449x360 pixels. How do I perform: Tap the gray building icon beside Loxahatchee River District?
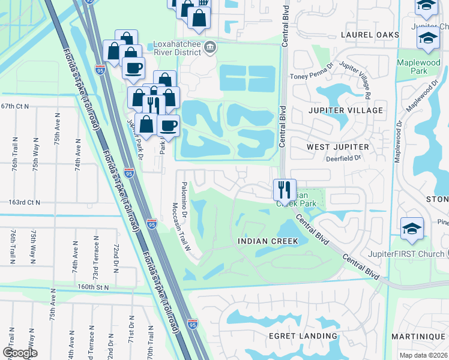click(x=210, y=47)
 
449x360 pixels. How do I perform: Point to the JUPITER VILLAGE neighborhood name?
click(x=345, y=110)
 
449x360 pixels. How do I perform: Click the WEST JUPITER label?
click(x=338, y=146)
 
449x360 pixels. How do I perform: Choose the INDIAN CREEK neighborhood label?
click(x=268, y=241)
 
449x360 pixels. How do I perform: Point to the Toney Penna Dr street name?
click(x=311, y=75)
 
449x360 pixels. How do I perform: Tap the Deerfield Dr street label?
click(x=343, y=158)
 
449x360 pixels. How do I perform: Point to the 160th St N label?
click(x=88, y=287)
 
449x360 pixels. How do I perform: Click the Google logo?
click(x=19, y=352)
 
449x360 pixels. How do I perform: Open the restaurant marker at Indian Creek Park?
click(x=284, y=190)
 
